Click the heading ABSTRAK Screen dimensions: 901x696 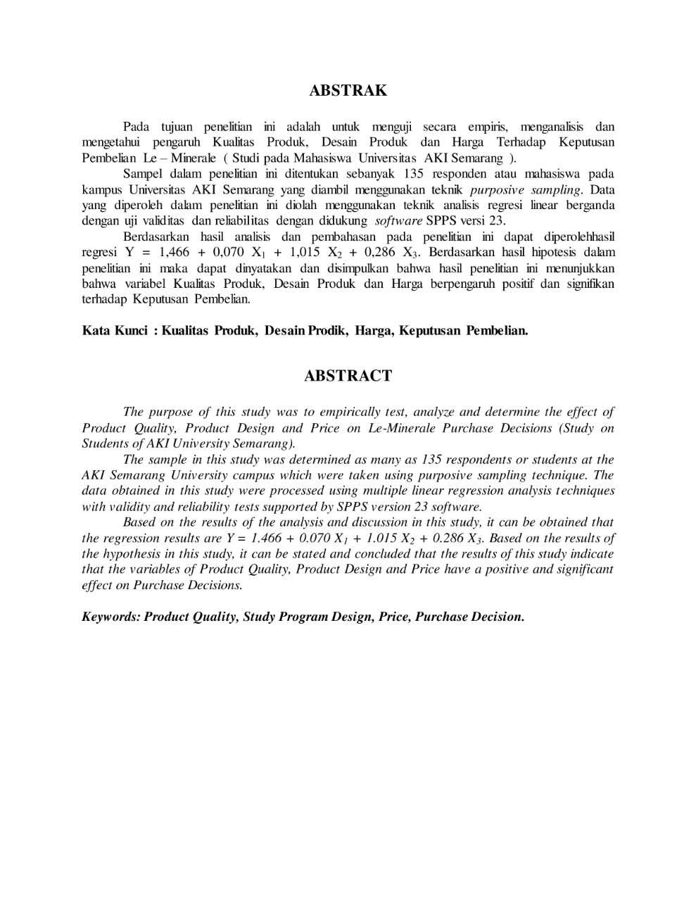pos(348,91)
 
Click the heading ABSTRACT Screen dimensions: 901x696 pos(348,376)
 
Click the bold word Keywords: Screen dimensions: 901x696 pos(111,617)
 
